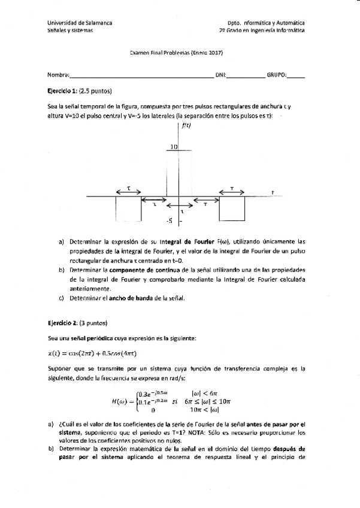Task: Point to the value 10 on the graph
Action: (x=173, y=146)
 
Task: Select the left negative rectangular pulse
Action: (x=128, y=208)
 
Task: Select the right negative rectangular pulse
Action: (x=232, y=208)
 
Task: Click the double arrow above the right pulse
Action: (x=232, y=192)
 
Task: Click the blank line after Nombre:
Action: (x=141, y=76)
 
